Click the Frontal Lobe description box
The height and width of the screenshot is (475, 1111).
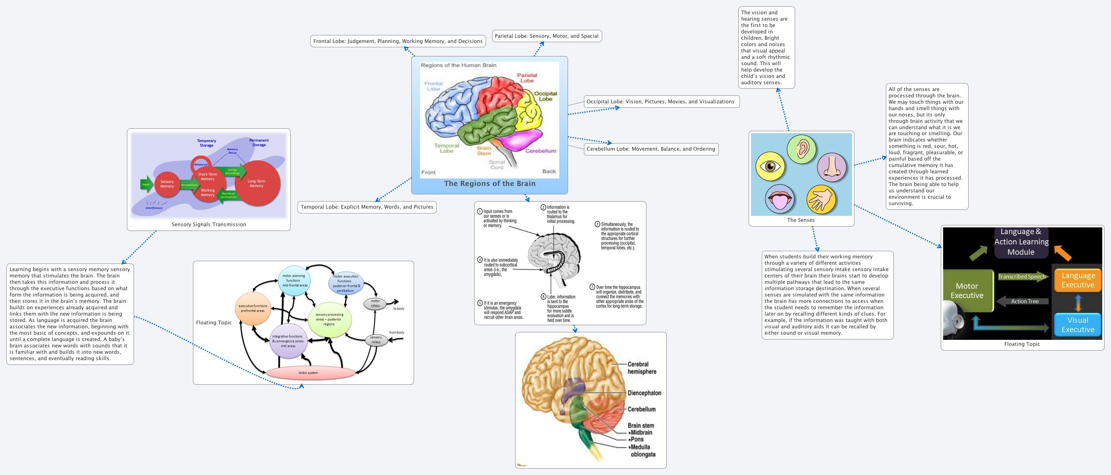coord(398,41)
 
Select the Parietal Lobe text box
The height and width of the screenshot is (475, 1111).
coord(547,36)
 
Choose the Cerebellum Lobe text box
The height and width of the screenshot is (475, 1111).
coord(650,149)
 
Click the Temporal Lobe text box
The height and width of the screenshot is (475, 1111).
coord(367,207)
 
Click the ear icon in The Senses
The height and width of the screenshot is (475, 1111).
coord(802,149)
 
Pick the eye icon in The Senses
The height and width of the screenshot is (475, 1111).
coord(770,167)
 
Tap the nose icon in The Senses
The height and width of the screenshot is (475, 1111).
coord(832,167)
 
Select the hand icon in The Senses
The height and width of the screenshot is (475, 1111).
coord(821,200)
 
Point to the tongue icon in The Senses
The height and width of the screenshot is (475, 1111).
coord(780,199)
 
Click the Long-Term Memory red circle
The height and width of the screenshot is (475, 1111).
coord(257,184)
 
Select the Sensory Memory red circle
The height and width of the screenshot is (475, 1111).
coord(167,184)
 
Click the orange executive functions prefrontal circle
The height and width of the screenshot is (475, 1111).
coord(253,308)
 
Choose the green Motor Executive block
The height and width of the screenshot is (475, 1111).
coord(967,291)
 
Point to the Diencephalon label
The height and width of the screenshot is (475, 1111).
coord(644,393)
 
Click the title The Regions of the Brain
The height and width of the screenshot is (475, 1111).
coord(490,184)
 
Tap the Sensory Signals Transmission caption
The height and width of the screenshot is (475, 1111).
coord(209,225)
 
